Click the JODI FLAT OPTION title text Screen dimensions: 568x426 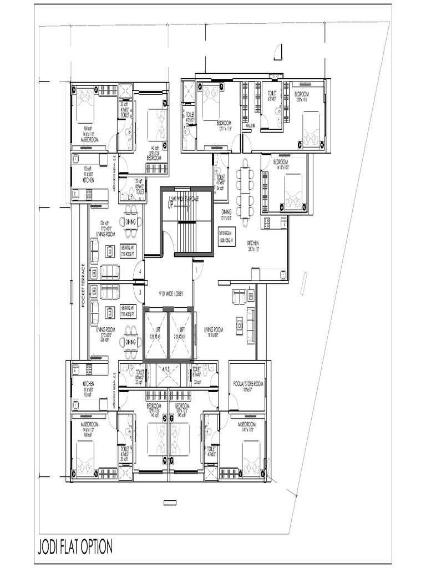75,546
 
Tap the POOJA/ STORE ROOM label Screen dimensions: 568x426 247,383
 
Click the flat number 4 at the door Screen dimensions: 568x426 141,271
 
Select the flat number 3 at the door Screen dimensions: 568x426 141,292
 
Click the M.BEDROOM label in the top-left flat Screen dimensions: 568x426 89,139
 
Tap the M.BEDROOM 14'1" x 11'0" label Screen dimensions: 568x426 246,426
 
